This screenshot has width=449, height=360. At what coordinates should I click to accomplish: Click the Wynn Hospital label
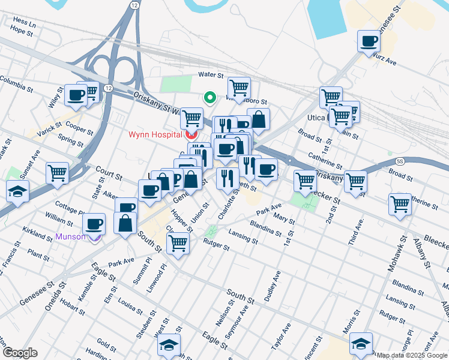pos(154,134)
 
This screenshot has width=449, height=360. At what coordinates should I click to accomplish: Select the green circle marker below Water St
pos(209,97)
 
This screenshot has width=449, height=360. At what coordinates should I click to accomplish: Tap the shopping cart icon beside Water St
pos(239,88)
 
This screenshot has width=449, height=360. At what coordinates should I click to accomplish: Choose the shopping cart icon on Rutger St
pos(178,243)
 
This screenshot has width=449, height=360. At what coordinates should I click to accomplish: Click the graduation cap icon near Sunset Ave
pos(17,192)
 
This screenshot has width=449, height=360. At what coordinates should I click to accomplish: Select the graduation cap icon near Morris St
pos(360,344)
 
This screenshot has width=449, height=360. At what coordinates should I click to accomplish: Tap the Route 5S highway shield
pos(400,161)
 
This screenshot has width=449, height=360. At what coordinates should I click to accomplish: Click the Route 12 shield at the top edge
pos(132,5)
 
